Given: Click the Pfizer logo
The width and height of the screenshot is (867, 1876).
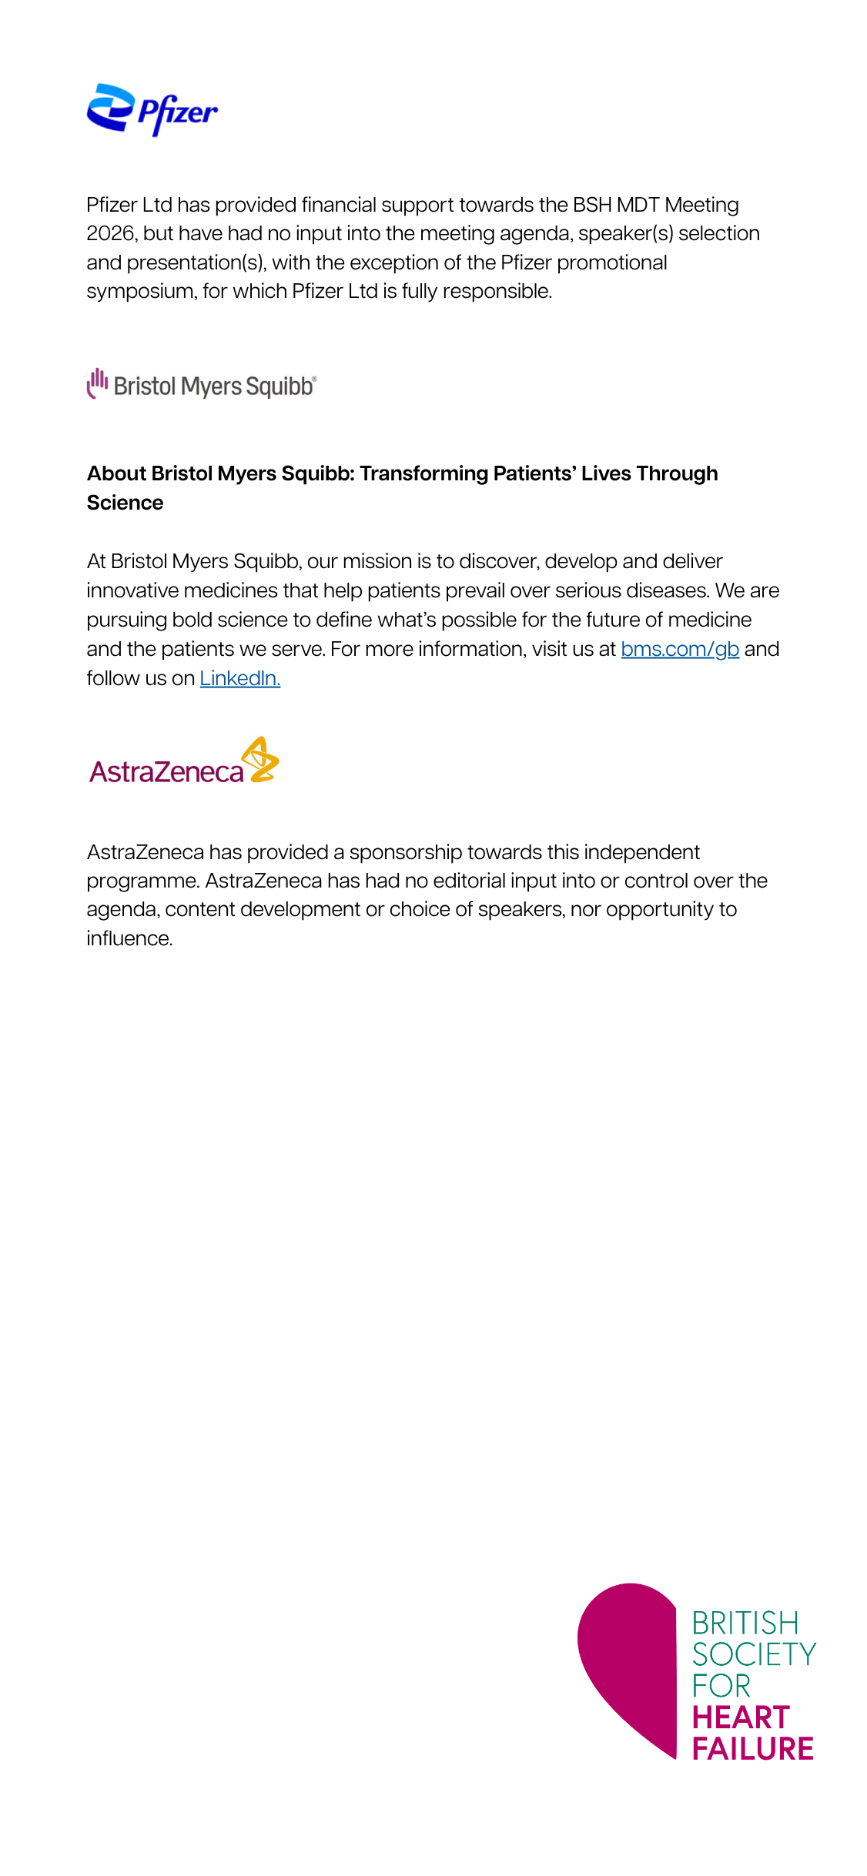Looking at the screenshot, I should click(152, 110).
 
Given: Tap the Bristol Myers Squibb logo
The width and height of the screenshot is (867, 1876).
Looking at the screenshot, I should click(202, 384).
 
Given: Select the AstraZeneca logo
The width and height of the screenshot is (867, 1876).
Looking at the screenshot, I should click(183, 762).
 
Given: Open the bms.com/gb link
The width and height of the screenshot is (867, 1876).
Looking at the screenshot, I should click(679, 649).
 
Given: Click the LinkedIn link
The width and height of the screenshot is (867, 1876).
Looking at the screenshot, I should click(239, 678).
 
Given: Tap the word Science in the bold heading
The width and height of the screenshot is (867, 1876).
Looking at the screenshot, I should click(125, 503).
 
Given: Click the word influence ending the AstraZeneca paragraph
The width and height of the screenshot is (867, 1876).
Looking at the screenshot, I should click(128, 938).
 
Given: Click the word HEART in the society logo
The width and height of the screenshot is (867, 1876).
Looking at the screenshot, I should click(741, 1717).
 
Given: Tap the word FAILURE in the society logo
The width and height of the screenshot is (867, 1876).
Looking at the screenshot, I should click(752, 1749).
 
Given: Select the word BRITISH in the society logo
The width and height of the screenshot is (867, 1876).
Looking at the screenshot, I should click(745, 1624).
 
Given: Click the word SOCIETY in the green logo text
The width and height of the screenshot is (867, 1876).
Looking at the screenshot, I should click(754, 1654).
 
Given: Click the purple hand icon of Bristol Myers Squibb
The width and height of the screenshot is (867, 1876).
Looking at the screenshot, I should click(97, 383).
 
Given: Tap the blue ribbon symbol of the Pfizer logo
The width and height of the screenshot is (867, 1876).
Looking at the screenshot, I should click(111, 107).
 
